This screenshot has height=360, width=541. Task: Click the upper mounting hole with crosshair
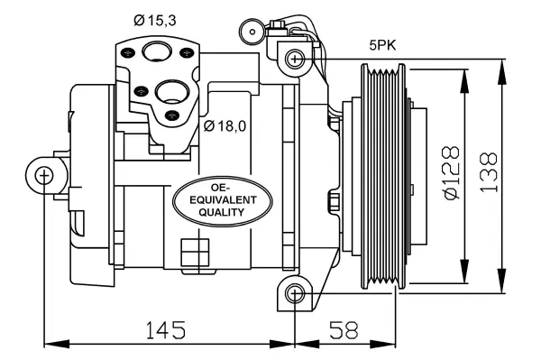pyautogui.click(x=294, y=60)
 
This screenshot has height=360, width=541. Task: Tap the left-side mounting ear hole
pyautogui.click(x=43, y=175)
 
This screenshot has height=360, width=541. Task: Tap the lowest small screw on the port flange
pyautogui.click(x=175, y=115)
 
